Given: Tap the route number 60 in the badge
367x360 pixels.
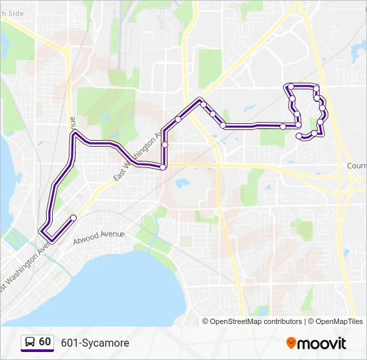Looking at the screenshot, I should pyautogui.click(x=45, y=342).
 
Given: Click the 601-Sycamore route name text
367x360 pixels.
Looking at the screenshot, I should pyautogui.click(x=95, y=343).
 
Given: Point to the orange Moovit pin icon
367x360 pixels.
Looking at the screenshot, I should pyautogui.click(x=291, y=343).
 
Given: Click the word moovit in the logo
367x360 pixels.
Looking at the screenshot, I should pyautogui.click(x=322, y=343).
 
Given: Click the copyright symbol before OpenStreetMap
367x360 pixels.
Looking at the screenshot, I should pyautogui.click(x=206, y=321).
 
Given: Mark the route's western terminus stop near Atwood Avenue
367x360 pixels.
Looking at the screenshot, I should pyautogui.click(x=73, y=218).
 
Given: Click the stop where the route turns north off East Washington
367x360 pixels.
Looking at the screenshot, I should pyautogui.click(x=163, y=167).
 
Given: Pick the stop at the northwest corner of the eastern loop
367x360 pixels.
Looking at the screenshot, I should pyautogui.click(x=290, y=87).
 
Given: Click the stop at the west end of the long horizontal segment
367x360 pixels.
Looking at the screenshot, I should pyautogui.click(x=223, y=125).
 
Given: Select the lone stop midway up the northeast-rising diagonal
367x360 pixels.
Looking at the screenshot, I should pyautogui.click(x=178, y=119).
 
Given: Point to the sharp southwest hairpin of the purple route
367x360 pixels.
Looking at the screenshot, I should pyautogui.click(x=43, y=232).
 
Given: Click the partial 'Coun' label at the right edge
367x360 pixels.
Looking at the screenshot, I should pyautogui.click(x=356, y=165).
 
